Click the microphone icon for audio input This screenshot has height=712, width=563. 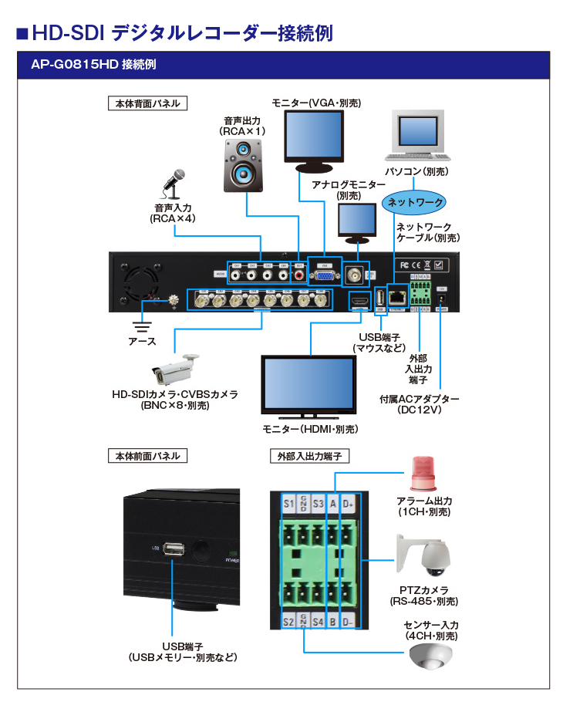tap(175, 184)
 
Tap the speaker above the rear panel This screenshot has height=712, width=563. tap(245, 164)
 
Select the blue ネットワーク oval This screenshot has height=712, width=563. tap(415, 203)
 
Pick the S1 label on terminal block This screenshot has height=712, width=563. tap(289, 504)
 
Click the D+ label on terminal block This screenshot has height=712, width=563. tap(347, 504)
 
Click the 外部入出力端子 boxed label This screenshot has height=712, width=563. tap(309, 456)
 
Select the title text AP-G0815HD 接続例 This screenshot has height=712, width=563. tap(93, 65)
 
